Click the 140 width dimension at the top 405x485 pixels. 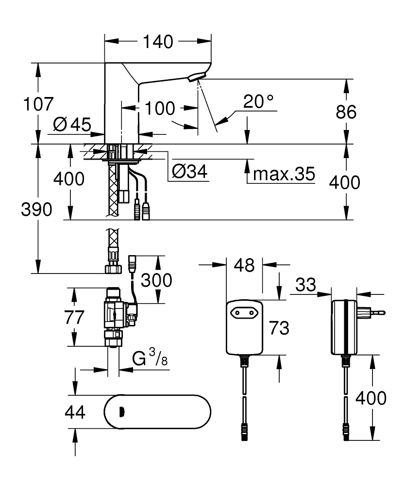point(158,42)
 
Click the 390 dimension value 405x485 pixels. point(36,210)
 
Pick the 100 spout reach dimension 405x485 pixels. point(159,108)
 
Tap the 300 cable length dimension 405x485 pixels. point(156,280)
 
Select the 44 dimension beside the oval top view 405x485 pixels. point(74,413)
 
